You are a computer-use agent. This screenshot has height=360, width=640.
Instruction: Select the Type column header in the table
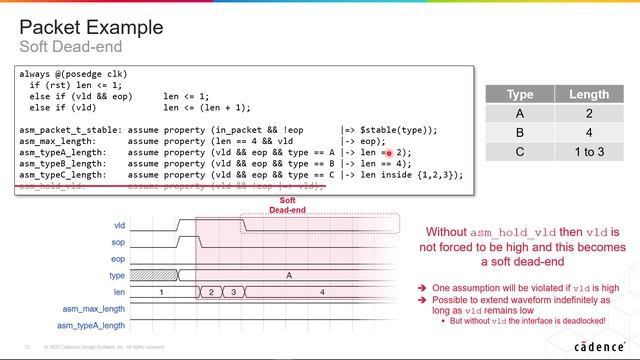520,94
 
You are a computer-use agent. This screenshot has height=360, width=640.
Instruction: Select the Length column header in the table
589,94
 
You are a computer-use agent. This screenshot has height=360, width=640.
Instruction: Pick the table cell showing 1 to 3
589,151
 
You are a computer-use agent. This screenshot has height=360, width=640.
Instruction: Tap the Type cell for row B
520,132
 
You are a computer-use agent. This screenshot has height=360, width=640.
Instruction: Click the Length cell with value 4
589,132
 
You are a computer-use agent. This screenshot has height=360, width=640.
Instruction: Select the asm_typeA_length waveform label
91,325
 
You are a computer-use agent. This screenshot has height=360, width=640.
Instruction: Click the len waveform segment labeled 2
212,291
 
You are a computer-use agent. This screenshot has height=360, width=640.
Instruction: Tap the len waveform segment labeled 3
232,291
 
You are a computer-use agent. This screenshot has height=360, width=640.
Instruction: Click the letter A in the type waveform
289,274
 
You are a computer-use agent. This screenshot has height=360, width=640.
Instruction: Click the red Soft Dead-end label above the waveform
286,205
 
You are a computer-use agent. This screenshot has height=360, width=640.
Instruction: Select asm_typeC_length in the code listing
58,175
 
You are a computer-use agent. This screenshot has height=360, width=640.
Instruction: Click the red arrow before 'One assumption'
422,287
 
